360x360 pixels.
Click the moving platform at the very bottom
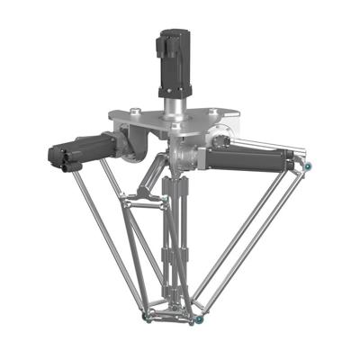point(171,315)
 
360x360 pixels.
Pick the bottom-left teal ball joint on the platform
point(147,318)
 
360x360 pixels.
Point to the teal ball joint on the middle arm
point(166,196)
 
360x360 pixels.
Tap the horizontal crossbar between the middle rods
point(140,208)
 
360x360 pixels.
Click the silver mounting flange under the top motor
point(171,94)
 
